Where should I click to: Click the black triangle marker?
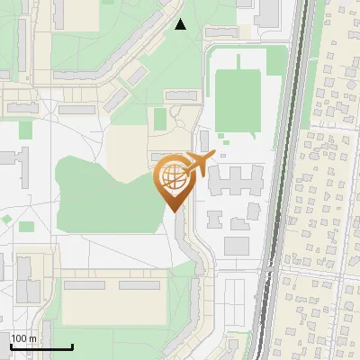click(181, 25)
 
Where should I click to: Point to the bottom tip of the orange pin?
click(173, 212)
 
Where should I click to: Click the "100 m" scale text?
click(24, 338)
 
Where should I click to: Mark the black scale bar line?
click(41, 346)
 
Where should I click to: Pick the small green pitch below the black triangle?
click(159, 119)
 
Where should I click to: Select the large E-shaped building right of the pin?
click(236, 179)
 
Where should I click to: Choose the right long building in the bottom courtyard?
click(139, 285)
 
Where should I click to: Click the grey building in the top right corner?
click(267, 11)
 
